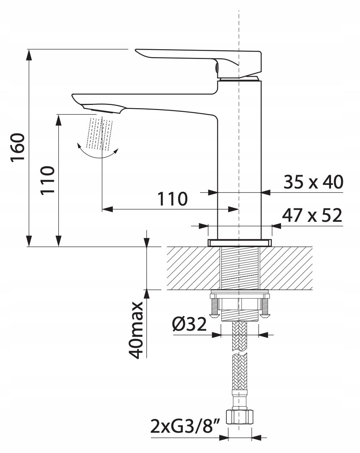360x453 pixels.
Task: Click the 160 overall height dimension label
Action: [x=18, y=148]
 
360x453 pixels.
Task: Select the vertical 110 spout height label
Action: [x=47, y=181]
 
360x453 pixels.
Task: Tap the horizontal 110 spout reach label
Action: [x=172, y=199]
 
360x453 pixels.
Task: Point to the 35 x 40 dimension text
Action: [x=313, y=182]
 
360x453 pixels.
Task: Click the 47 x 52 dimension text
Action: [x=312, y=215]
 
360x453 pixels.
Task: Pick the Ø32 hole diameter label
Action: [x=189, y=324]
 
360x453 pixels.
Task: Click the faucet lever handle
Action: [x=198, y=63]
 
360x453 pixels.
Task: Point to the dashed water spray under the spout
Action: [x=101, y=134]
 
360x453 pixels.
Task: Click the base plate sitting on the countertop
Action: [x=240, y=243]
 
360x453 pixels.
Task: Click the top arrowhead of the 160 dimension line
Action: [x=29, y=55]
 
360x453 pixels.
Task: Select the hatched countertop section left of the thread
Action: [x=193, y=268]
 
